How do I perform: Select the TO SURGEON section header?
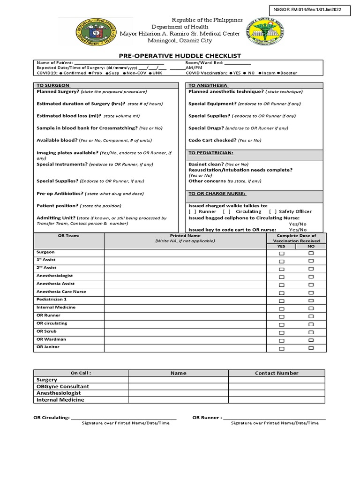coord(53,85)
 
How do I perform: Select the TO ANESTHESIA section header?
coord(208,85)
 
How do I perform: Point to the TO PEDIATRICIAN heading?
coord(210,153)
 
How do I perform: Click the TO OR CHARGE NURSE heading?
coord(217,194)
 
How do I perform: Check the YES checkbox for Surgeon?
coord(281,254)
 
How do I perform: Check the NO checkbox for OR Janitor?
coord(311,349)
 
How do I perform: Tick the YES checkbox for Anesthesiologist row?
coord(281,277)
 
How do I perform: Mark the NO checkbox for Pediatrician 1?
coord(311,301)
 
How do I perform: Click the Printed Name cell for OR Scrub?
coord(185,332)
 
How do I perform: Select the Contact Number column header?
coord(277,373)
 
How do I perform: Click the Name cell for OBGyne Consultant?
coord(178,387)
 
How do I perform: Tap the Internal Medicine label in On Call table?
coord(60,400)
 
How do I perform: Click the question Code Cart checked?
coord(212,140)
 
